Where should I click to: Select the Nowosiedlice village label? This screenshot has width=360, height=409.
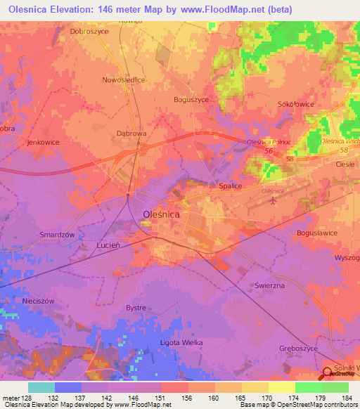point(124,80)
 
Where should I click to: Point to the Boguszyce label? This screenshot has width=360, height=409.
point(191,100)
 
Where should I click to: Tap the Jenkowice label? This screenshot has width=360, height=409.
point(42,142)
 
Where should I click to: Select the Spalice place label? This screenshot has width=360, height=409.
point(228,186)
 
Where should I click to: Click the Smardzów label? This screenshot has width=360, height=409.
point(57,236)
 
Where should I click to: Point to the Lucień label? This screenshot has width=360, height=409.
point(109,246)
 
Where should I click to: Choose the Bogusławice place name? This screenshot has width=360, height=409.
point(318,233)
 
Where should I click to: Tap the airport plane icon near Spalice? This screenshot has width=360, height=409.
point(272,202)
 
